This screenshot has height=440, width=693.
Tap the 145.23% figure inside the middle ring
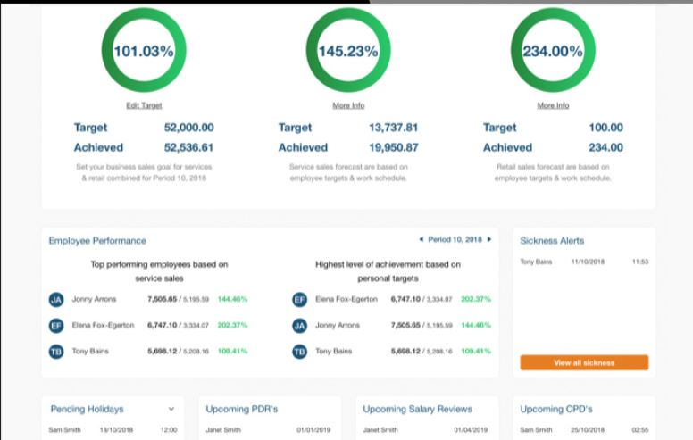[x=347, y=51]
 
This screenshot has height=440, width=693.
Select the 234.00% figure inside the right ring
[x=552, y=51]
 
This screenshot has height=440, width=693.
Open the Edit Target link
[x=144, y=105]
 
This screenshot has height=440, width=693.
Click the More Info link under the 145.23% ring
[x=348, y=105]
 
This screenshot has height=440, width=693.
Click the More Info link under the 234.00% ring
[x=553, y=105]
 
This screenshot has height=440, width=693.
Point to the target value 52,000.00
[x=188, y=128]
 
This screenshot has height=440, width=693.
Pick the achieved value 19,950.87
[x=393, y=147]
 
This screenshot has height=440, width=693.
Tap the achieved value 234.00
[x=605, y=147]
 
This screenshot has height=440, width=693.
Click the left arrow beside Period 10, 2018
[x=421, y=240]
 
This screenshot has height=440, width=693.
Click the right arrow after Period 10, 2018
[x=489, y=240]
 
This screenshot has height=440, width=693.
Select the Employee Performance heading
[x=97, y=241]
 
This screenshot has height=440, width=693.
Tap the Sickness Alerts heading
[x=552, y=241]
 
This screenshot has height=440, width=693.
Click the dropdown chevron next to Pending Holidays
[x=171, y=409]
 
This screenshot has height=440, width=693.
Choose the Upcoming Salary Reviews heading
[x=417, y=409]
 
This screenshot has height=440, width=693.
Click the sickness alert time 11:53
[x=639, y=262]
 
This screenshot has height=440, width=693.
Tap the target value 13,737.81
[x=393, y=128]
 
